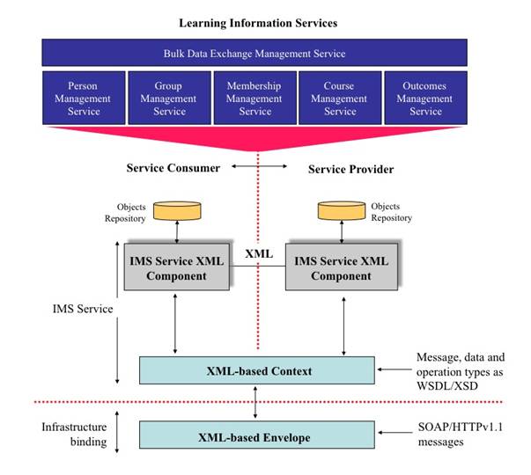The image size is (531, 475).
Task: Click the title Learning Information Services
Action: [x=258, y=22]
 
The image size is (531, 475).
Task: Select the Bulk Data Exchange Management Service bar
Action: [x=254, y=54]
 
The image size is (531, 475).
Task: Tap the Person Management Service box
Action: [x=84, y=99]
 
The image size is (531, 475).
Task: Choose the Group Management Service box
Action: [x=169, y=99]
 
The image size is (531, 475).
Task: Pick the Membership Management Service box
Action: [x=254, y=99]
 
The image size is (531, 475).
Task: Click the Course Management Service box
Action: [x=340, y=99]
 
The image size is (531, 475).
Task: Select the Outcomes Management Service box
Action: [x=425, y=99]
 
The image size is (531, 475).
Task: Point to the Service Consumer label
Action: [x=173, y=168]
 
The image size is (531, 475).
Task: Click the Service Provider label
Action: [x=350, y=168]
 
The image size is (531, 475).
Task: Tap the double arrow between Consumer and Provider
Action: [x=259, y=165]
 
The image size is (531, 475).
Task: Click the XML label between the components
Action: [x=259, y=253]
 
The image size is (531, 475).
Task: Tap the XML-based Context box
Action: [x=257, y=369]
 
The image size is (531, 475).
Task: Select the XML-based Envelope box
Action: [x=257, y=433]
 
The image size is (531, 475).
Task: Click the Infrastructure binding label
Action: [x=76, y=433]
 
